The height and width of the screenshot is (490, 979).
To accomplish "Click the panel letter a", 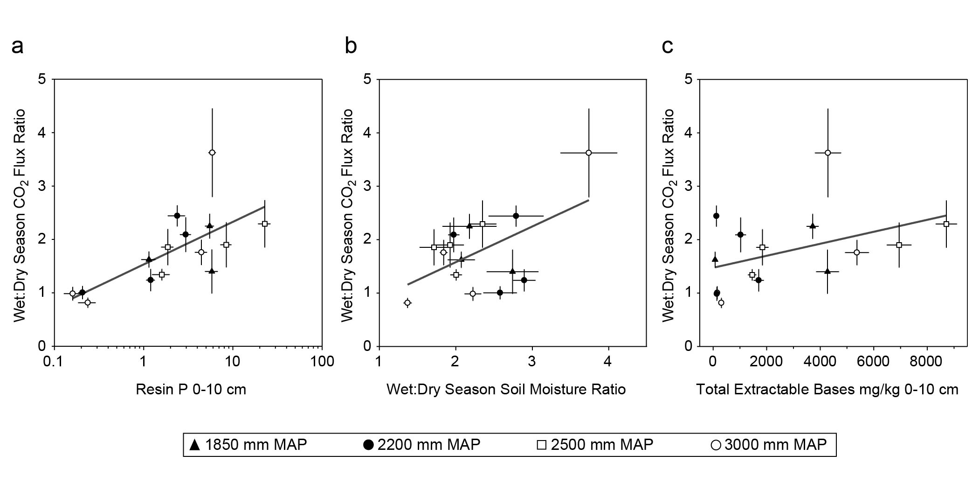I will pyautogui.click(x=17, y=47).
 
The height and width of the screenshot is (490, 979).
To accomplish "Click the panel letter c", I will pyautogui.click(x=668, y=47).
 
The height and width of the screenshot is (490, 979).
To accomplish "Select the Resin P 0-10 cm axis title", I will pyautogui.click(x=191, y=389).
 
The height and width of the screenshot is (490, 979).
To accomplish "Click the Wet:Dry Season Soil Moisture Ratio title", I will pyautogui.click(x=506, y=389).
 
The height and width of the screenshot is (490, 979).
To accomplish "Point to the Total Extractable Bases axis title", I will pyautogui.click(x=827, y=389).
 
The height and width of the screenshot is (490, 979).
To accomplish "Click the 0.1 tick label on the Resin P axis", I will pyautogui.click(x=55, y=362).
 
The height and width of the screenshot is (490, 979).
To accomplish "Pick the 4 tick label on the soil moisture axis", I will pyautogui.click(x=608, y=362).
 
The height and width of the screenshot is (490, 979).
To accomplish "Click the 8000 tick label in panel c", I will pyautogui.click(x=926, y=362).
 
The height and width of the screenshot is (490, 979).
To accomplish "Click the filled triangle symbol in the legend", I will pyautogui.click(x=195, y=445).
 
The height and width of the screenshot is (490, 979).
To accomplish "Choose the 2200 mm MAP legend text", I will pyautogui.click(x=428, y=445).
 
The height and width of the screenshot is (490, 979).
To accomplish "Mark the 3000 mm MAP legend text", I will pyautogui.click(x=775, y=445).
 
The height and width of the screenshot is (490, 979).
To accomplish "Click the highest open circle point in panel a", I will pyautogui.click(x=212, y=153).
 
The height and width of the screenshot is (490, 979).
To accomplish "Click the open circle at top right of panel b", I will pyautogui.click(x=588, y=153).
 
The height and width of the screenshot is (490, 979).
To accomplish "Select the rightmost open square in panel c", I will pyautogui.click(x=946, y=224).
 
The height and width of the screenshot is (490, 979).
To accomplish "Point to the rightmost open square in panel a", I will pyautogui.click(x=265, y=224).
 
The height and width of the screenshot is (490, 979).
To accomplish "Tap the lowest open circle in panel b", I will pyautogui.click(x=407, y=303).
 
